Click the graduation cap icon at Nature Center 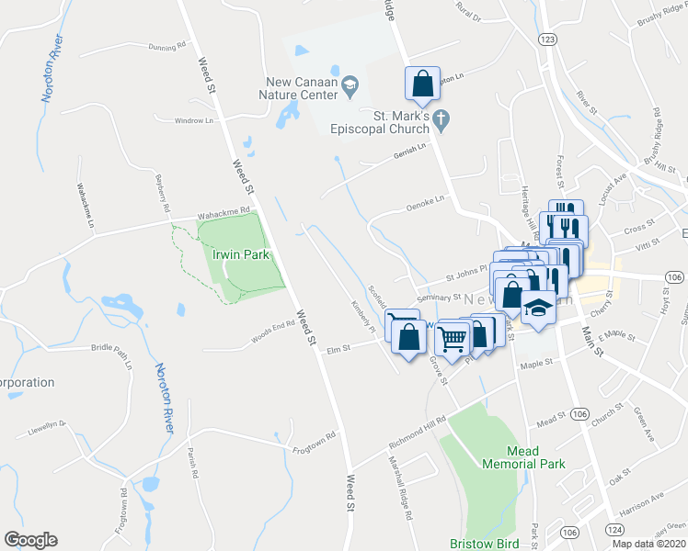click(350, 86)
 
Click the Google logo click(30, 540)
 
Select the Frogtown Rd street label click(314, 442)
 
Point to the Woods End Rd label click(273, 339)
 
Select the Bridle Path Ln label click(112, 348)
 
